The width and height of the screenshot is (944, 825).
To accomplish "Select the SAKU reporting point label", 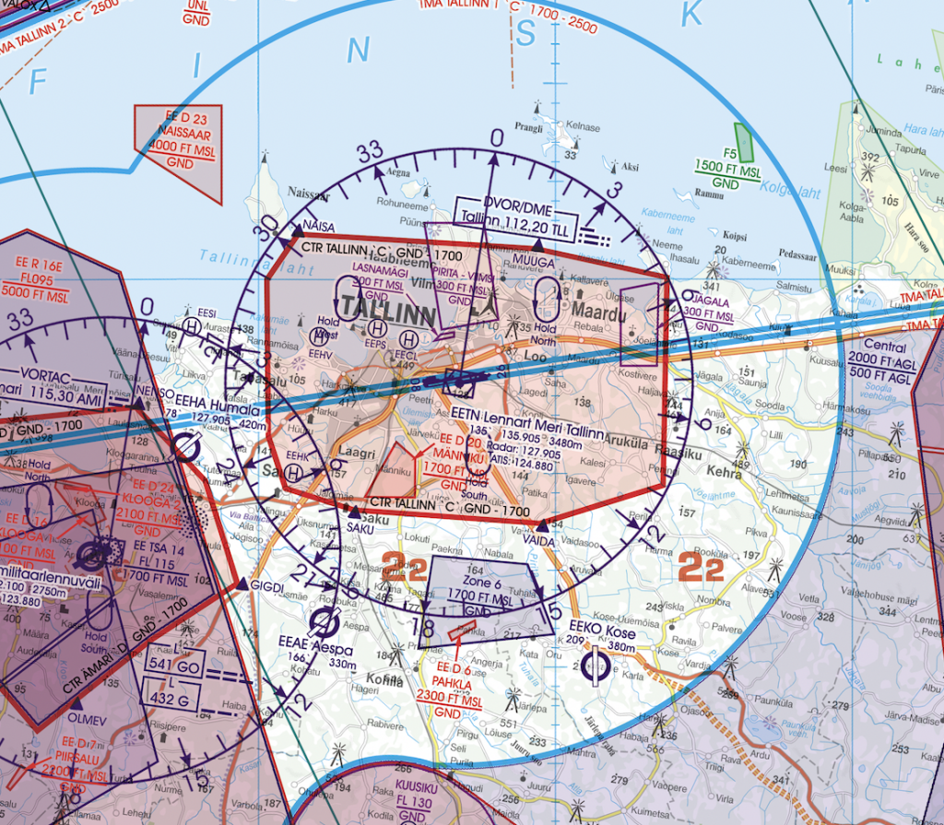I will tap(360, 526).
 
